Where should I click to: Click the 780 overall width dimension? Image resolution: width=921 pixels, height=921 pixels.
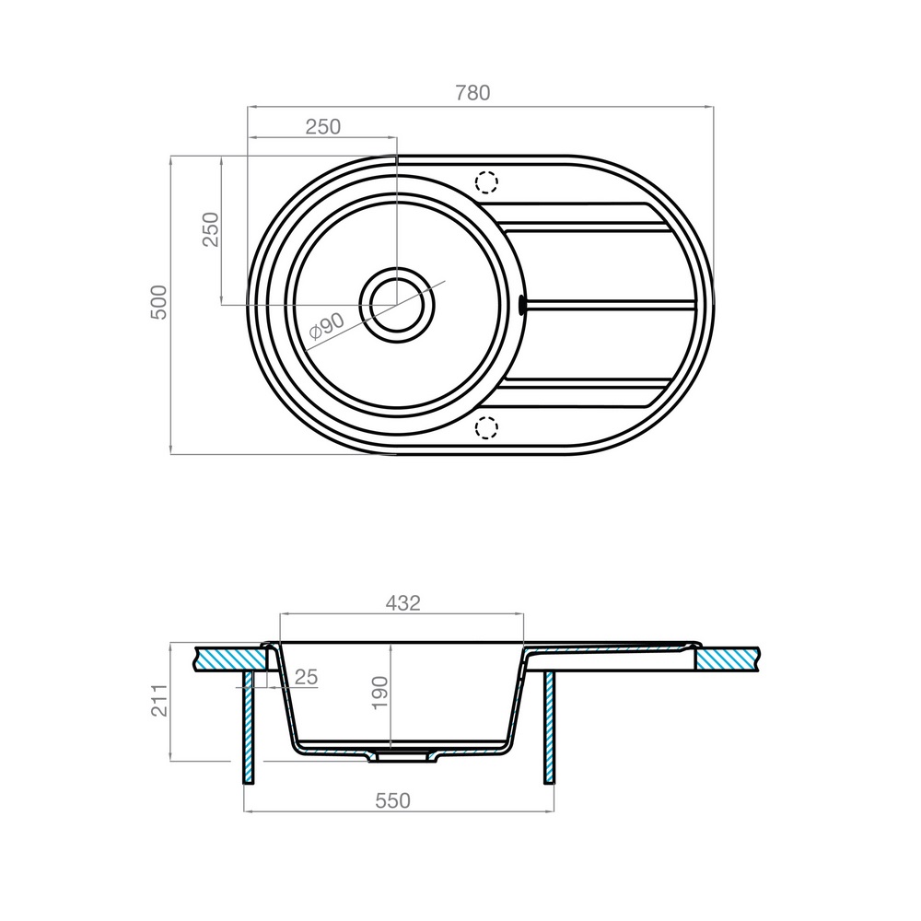(x=472, y=93)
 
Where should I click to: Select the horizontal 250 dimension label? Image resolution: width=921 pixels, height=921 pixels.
(x=323, y=126)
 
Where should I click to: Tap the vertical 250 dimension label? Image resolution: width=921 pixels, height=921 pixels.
(x=210, y=229)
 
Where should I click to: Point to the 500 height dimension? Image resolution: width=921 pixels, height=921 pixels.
(x=159, y=302)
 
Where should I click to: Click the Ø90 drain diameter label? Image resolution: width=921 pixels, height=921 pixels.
(x=327, y=326)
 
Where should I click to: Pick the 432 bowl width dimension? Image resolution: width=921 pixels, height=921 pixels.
(x=403, y=603)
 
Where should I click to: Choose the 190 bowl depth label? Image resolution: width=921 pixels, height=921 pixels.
(x=380, y=694)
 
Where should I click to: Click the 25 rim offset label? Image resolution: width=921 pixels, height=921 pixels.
(x=306, y=677)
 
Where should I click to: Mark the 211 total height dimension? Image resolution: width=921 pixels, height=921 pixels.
(x=159, y=700)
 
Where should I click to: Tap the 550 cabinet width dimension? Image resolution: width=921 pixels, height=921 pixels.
(x=393, y=800)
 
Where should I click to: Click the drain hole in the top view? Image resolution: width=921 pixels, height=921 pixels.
(x=397, y=305)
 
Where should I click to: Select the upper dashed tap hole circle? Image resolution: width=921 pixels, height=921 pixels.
(x=486, y=182)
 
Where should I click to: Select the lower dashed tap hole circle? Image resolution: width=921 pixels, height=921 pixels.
(x=486, y=427)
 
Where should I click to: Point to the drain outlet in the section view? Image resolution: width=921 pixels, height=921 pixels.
(x=402, y=757)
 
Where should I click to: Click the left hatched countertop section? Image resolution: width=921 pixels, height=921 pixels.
(x=232, y=659)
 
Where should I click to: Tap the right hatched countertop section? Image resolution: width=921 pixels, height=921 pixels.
(x=729, y=659)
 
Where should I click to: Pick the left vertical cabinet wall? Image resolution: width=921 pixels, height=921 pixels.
(x=249, y=728)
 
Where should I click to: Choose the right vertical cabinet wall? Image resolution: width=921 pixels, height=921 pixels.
(x=550, y=728)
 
